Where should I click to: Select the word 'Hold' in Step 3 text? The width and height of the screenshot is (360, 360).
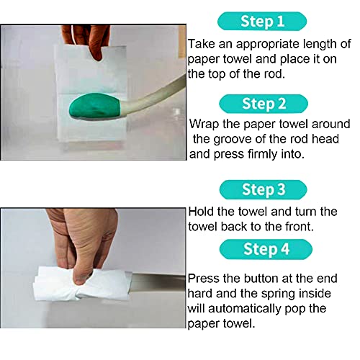[203, 212]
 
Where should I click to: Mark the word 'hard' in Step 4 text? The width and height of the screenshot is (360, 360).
[202, 294]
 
